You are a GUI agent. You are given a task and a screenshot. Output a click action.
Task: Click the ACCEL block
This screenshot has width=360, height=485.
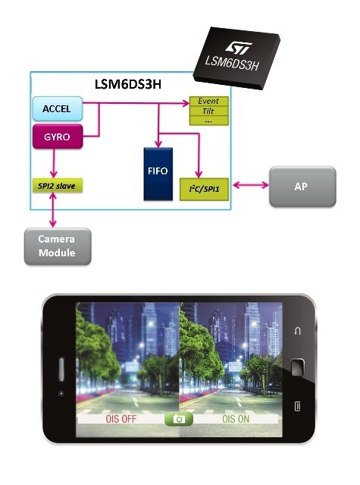pyautogui.click(x=58, y=108)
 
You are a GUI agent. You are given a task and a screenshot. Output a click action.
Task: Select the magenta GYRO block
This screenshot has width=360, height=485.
pyautogui.click(x=58, y=136)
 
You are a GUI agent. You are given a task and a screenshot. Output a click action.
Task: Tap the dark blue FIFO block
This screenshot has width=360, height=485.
pyautogui.click(x=158, y=174)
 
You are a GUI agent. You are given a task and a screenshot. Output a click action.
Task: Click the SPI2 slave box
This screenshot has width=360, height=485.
pyautogui.click(x=58, y=186)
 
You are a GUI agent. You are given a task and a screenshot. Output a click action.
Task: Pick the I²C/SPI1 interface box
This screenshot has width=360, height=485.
pyautogui.click(x=204, y=189)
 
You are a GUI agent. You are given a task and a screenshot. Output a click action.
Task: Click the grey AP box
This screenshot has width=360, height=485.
pyautogui.click(x=302, y=186)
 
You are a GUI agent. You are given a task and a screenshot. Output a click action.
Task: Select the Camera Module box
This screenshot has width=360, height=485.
pyautogui.click(x=58, y=246)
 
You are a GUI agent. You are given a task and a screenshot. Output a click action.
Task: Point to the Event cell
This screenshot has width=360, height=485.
pyautogui.click(x=208, y=101)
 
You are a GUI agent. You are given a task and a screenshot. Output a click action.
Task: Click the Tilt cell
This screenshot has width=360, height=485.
pyautogui.click(x=208, y=111)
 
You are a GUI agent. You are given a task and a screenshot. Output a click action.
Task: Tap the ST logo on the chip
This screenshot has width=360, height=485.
pyautogui.click(x=238, y=48)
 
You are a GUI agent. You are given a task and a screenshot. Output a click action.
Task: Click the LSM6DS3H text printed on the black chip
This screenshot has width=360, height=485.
pyautogui.click(x=231, y=63)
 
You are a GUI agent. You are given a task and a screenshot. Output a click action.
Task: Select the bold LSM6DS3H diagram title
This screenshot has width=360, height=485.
pyautogui.click(x=128, y=84)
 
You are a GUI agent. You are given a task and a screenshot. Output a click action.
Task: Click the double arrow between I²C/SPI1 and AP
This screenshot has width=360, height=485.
pyautogui.click(x=251, y=185)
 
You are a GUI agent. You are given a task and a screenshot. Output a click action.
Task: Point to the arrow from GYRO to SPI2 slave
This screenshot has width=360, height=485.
pyautogui.click(x=54, y=163)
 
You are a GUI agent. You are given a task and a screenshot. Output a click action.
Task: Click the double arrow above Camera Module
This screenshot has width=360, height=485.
pyautogui.click(x=53, y=210)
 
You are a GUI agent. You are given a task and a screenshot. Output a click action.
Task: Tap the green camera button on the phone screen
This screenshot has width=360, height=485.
pyautogui.click(x=179, y=419)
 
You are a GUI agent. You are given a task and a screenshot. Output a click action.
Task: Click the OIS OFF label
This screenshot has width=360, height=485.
pyautogui.click(x=121, y=419)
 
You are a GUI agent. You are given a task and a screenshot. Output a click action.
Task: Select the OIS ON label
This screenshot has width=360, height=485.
pyautogui.click(x=236, y=419)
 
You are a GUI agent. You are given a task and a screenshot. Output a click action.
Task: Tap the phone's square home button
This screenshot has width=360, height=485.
pyautogui.click(x=297, y=367)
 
